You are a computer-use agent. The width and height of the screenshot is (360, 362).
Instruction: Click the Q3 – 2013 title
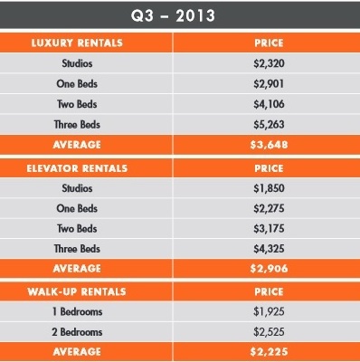click(180, 14)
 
